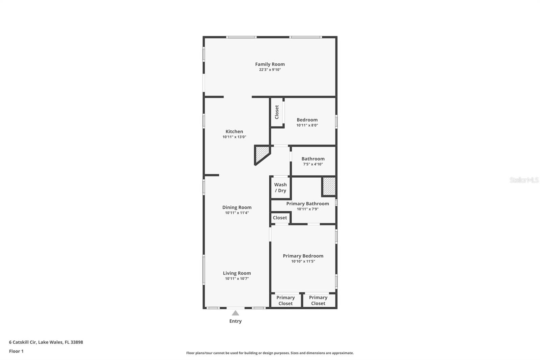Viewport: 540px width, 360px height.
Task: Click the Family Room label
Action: pyautogui.click(x=270, y=64)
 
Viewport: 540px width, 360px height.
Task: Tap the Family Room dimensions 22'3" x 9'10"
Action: pyautogui.click(x=270, y=70)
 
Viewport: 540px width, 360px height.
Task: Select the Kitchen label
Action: pyautogui.click(x=234, y=131)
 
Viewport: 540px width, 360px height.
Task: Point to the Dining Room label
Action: pyautogui.click(x=237, y=207)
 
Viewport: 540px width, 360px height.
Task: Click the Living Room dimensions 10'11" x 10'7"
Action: pyautogui.click(x=237, y=279)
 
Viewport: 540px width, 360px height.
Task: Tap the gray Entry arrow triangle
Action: pyautogui.click(x=235, y=313)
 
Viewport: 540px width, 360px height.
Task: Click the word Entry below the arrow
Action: pyautogui.click(x=235, y=321)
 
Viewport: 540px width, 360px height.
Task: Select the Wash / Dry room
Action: pyautogui.click(x=280, y=187)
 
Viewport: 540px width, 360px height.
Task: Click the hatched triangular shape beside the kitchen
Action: pyautogui.click(x=261, y=154)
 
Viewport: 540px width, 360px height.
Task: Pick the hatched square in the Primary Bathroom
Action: pyautogui.click(x=329, y=186)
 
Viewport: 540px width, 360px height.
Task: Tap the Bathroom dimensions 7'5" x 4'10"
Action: pyautogui.click(x=313, y=164)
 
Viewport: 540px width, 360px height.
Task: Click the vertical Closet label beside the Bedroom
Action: pyautogui.click(x=277, y=112)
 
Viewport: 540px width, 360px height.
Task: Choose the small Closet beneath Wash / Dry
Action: pyautogui.click(x=280, y=218)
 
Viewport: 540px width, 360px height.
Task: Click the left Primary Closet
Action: pyautogui.click(x=286, y=300)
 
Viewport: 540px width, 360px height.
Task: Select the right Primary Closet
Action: pyautogui.click(x=318, y=300)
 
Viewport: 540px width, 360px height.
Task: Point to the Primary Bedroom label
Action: pyautogui.click(x=303, y=256)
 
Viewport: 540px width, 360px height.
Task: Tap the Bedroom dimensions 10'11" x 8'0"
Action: pyautogui.click(x=307, y=125)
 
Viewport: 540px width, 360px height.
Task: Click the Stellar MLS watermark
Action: pyautogui.click(x=524, y=180)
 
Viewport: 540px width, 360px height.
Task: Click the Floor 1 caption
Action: pyautogui.click(x=16, y=351)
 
